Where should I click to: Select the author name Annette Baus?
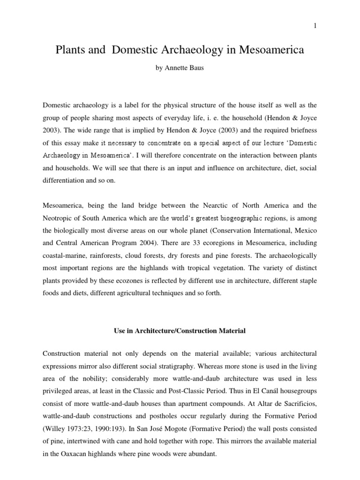[x=187, y=68]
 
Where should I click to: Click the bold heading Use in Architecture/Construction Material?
[x=180, y=331]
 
